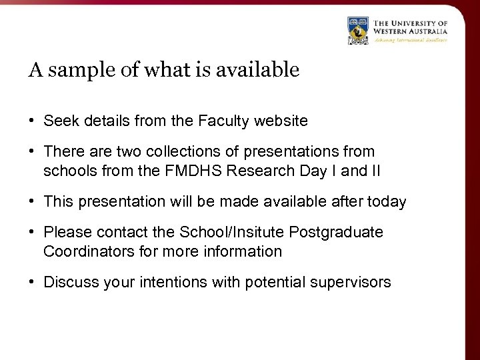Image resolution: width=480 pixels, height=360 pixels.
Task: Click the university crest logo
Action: pos(359,31)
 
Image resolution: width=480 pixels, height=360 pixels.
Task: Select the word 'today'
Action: pos(388,202)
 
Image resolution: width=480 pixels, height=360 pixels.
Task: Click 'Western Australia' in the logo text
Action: pos(410,31)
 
